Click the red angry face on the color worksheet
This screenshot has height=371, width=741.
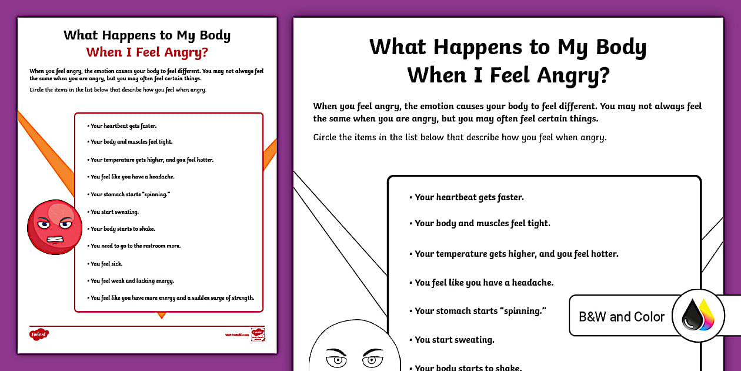[52, 227]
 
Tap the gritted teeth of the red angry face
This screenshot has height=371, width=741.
[54, 239]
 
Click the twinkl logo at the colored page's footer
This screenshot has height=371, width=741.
[39, 334]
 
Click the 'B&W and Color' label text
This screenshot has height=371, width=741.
[621, 317]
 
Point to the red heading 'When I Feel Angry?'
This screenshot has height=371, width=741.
[147, 52]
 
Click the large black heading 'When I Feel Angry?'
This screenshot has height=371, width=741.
[508, 75]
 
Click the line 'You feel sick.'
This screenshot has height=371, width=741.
[106, 264]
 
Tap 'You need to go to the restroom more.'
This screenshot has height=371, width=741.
[135, 246]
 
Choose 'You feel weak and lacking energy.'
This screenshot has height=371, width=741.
[132, 281]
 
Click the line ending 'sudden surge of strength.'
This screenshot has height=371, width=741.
[172, 298]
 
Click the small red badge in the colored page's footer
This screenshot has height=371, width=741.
[258, 334]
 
